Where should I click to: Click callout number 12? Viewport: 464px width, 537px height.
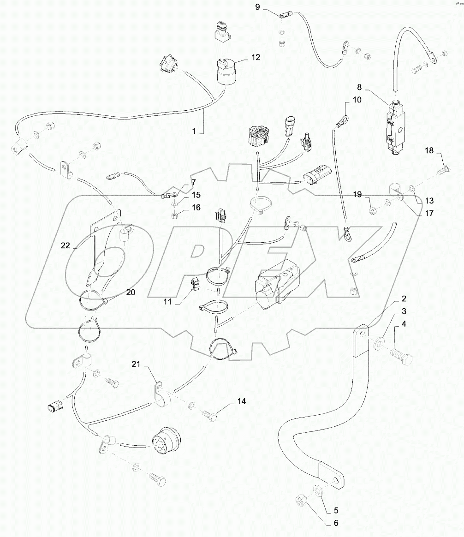coord(256,58)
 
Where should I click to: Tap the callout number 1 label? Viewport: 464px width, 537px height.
coord(194,131)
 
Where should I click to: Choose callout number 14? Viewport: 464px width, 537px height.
coord(241,401)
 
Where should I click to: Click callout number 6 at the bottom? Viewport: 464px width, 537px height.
coord(336,523)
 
